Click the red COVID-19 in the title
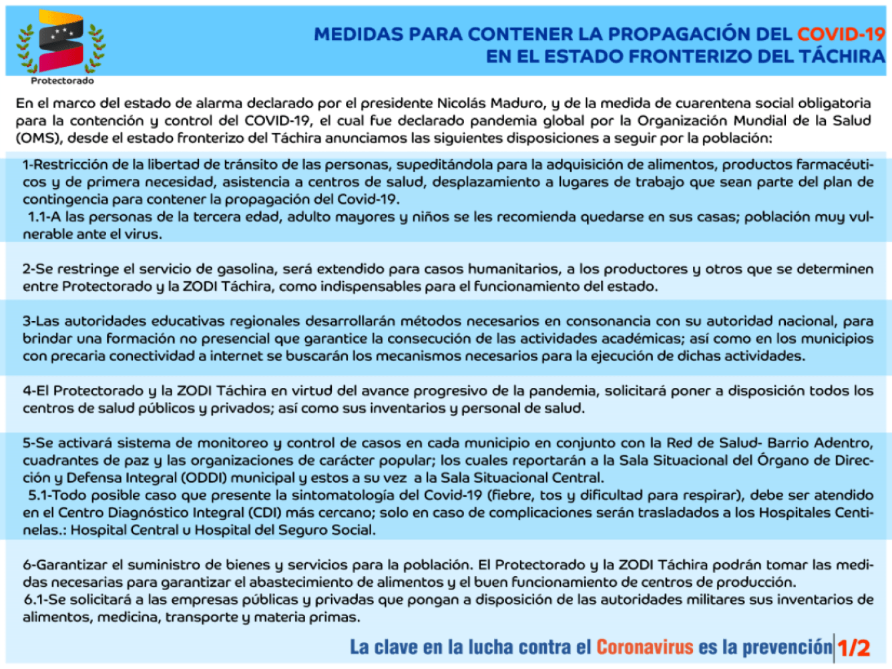point(841,34)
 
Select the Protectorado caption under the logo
point(62,81)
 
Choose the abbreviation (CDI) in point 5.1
point(266,513)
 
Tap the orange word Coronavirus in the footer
point(645,647)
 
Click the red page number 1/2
point(854,648)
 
